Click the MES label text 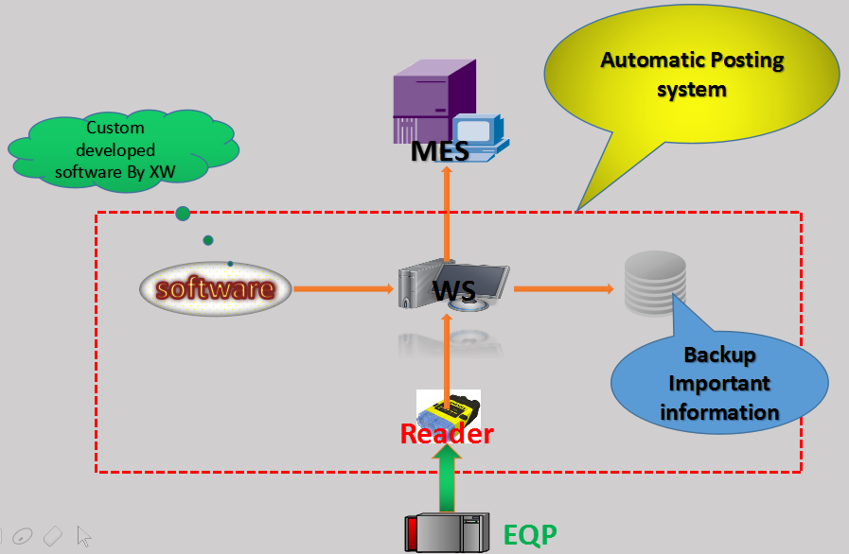(x=440, y=151)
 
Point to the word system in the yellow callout (x=693, y=90)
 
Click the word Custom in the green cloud (x=115, y=128)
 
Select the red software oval (x=215, y=287)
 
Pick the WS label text (x=453, y=289)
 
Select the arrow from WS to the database (x=563, y=287)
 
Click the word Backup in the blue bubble (x=719, y=355)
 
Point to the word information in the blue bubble (x=719, y=412)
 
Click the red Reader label (x=447, y=434)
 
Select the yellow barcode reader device (x=450, y=409)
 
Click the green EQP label (x=530, y=535)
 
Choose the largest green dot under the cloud (x=183, y=214)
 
